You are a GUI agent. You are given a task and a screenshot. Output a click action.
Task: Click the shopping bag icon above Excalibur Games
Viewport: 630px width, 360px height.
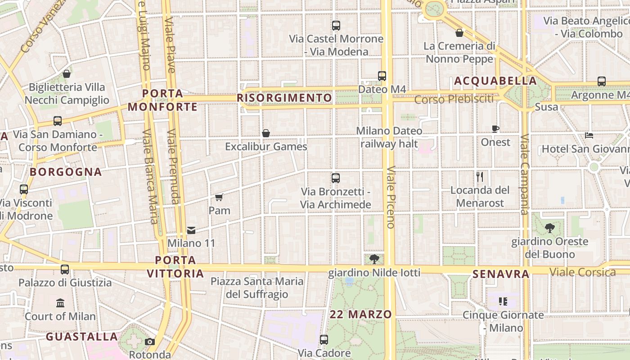(x=266, y=133)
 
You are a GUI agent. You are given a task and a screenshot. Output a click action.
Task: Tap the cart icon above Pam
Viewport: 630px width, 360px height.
(x=219, y=197)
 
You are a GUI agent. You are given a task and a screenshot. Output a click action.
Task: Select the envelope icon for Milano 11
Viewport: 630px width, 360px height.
(x=191, y=230)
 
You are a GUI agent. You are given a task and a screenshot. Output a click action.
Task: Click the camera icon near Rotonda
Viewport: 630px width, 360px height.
(x=150, y=342)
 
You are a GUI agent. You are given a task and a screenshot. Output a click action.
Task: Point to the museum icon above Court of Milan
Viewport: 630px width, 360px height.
(x=60, y=303)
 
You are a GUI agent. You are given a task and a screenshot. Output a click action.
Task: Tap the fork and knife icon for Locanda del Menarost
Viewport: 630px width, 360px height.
(x=480, y=177)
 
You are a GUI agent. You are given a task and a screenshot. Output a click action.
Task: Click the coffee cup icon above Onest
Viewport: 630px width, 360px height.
(x=495, y=129)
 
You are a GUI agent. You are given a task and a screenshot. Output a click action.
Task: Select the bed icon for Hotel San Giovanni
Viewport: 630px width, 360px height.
(x=589, y=135)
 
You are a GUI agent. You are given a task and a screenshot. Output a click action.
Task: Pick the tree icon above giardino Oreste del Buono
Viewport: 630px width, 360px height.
(x=549, y=228)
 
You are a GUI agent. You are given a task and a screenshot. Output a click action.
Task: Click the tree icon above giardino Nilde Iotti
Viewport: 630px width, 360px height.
(x=374, y=259)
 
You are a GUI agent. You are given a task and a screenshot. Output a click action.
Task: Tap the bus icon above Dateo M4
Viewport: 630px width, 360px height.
(x=382, y=76)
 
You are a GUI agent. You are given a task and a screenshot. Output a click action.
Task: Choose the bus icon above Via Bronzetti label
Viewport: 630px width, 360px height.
(x=335, y=178)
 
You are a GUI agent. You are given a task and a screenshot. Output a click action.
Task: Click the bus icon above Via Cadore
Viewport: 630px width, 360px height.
(x=324, y=340)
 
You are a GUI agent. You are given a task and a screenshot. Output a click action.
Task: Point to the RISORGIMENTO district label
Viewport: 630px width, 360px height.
(x=284, y=98)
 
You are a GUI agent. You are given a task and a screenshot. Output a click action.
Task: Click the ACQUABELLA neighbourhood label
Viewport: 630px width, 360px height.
(x=495, y=81)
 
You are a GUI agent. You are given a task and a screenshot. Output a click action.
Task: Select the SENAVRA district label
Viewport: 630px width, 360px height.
(x=501, y=274)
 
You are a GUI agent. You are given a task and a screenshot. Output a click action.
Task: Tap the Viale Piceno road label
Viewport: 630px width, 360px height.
(x=390, y=197)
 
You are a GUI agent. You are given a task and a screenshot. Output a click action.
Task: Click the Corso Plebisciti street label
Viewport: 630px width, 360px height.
(x=454, y=99)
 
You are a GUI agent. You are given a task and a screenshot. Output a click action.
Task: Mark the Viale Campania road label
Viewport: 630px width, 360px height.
(x=524, y=175)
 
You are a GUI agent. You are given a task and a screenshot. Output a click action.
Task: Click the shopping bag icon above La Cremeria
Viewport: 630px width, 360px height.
(x=459, y=33)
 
